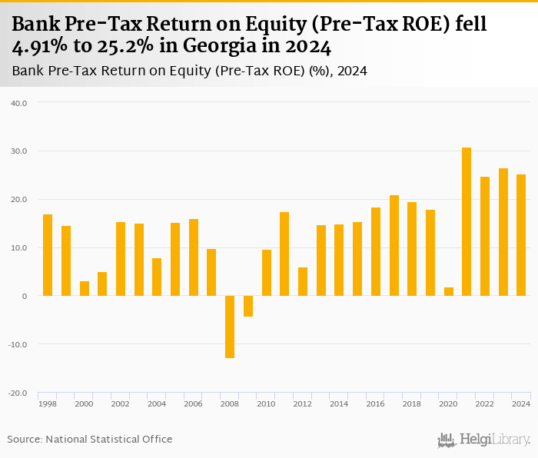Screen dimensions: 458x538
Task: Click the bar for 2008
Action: (230, 327)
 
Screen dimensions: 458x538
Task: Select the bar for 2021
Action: (467, 221)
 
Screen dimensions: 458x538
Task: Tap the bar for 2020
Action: (448, 291)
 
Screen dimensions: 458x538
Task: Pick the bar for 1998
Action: (48, 255)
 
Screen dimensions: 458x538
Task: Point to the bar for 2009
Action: (248, 306)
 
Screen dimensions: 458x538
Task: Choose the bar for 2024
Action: (521, 235)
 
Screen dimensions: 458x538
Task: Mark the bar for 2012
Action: (303, 281)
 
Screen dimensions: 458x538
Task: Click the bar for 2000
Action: (85, 288)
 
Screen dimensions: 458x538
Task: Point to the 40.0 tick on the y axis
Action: (19, 103)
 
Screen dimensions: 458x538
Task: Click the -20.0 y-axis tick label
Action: (18, 393)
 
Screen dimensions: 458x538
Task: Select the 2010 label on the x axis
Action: (267, 403)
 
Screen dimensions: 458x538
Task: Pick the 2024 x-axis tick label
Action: (521, 403)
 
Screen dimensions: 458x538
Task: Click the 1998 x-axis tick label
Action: (48, 403)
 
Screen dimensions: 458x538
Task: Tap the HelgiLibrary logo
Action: (484, 440)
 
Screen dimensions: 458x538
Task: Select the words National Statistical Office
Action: (109, 439)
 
